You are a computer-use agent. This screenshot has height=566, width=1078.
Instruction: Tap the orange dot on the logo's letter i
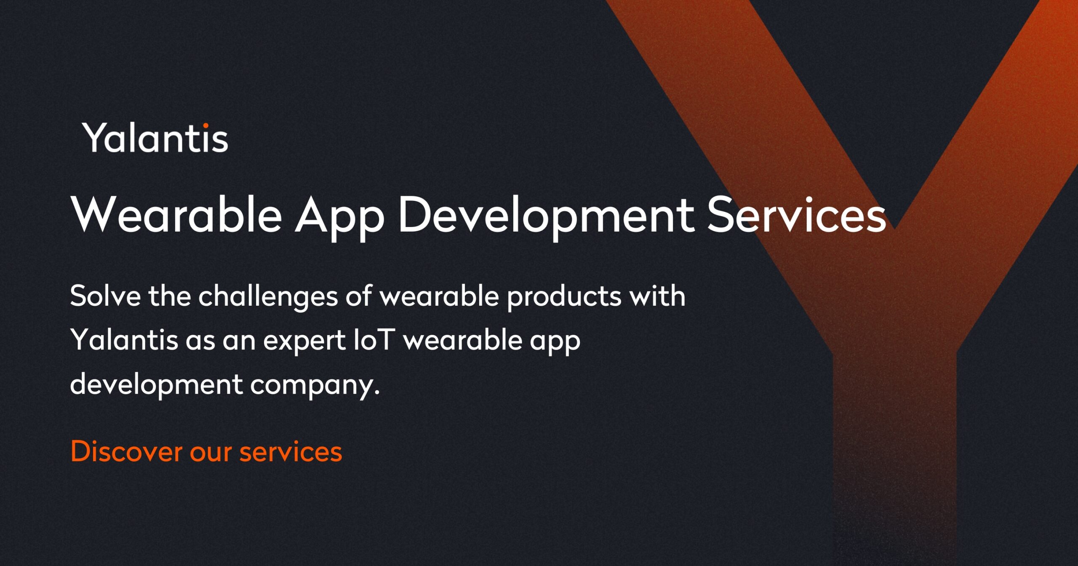coord(205,125)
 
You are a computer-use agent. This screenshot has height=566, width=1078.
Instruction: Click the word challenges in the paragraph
coord(268,297)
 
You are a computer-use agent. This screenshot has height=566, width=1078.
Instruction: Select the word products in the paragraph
coord(564,297)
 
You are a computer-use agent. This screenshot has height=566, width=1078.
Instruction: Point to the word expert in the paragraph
coord(304,341)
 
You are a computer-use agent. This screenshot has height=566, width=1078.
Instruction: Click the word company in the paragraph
coord(312,385)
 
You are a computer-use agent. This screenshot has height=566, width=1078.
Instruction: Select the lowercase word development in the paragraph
coord(156,385)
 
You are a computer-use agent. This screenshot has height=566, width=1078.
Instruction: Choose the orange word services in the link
coord(291,453)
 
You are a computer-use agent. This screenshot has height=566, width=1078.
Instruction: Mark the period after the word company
coord(377,392)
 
